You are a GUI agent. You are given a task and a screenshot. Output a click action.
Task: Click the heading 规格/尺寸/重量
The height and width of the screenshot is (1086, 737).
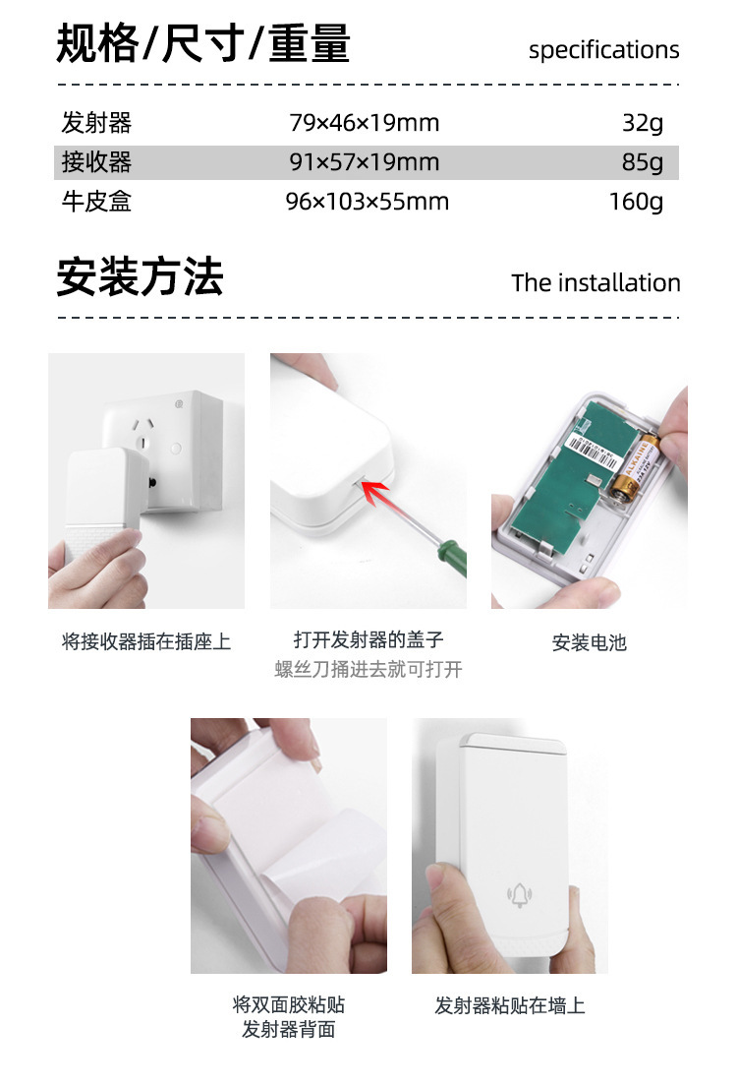[203, 44]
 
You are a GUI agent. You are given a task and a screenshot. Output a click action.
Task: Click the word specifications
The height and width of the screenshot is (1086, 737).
[603, 50]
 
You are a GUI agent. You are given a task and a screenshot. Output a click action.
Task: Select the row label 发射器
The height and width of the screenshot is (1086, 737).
[96, 123]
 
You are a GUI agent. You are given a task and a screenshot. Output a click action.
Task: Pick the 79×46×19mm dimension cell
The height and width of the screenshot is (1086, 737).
[365, 123]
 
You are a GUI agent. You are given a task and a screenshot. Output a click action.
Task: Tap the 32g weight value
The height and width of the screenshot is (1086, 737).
[643, 123]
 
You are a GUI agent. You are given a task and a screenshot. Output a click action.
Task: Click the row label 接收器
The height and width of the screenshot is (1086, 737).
[96, 162]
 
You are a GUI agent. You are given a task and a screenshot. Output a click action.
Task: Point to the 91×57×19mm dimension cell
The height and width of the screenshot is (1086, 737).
[365, 162]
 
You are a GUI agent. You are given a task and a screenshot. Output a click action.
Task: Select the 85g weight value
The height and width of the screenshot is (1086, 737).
[643, 162]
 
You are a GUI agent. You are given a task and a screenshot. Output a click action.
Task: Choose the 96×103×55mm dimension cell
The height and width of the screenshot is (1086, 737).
[367, 202]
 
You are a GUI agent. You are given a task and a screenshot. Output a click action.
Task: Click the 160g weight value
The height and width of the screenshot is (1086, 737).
[636, 202]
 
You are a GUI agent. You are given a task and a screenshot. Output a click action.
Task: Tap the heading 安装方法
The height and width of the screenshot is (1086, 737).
[140, 277]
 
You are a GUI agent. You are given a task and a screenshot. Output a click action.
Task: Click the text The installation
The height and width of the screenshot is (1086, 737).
[595, 283]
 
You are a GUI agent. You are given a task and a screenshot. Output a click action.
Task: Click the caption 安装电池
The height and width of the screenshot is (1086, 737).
[589, 643]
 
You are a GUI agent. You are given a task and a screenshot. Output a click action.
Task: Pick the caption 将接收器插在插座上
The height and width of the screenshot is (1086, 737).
[146, 642]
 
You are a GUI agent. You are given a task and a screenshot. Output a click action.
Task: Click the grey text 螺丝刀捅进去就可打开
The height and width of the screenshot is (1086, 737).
[368, 670]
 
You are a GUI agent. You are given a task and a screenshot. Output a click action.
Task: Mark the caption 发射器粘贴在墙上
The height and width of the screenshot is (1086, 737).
[510, 1005]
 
